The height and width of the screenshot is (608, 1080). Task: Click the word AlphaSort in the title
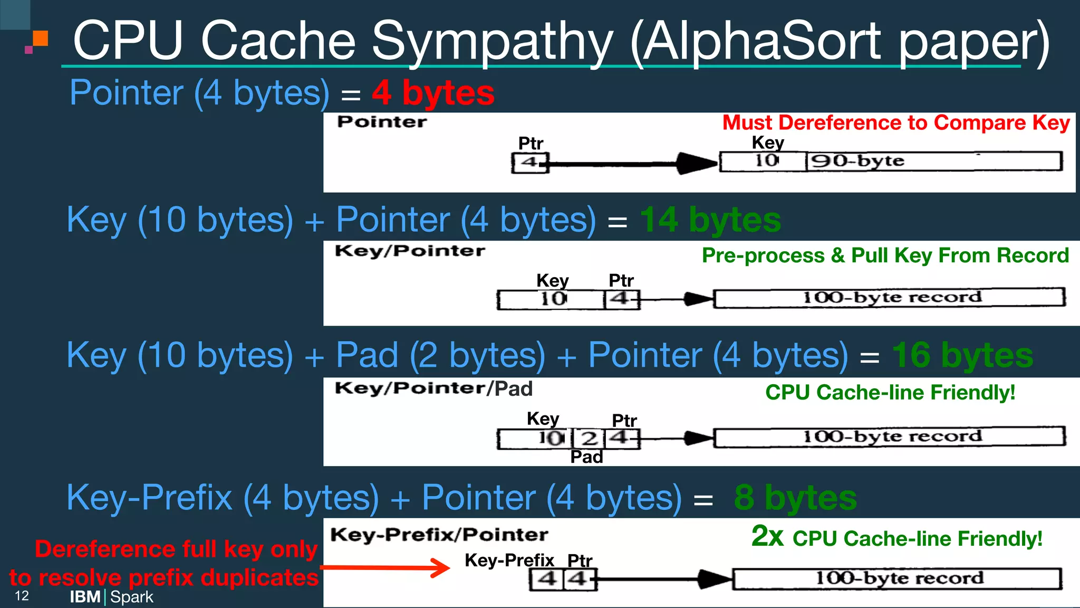click(x=761, y=41)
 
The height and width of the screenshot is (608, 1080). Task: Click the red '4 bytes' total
click(x=433, y=93)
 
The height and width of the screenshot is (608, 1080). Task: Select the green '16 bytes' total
click(x=962, y=355)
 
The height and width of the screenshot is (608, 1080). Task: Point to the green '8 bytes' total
click(x=795, y=497)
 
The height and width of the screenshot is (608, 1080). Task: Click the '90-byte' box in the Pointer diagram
click(x=933, y=161)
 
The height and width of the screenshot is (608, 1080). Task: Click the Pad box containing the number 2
click(x=589, y=438)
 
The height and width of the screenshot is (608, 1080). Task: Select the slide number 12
click(x=22, y=596)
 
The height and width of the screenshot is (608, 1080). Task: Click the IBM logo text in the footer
click(x=85, y=597)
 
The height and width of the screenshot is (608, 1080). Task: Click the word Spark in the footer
click(x=132, y=597)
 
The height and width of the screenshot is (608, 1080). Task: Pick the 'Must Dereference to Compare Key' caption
click(x=895, y=123)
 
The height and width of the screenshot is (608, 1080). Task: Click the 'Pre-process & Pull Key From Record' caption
click(x=885, y=255)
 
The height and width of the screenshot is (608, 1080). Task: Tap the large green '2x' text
click(x=767, y=536)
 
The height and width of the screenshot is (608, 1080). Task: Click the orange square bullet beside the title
click(x=41, y=39)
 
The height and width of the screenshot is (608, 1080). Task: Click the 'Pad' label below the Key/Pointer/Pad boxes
click(x=586, y=457)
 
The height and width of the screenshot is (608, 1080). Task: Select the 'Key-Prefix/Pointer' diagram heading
click(x=439, y=535)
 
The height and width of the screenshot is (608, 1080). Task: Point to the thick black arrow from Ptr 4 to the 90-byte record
click(x=633, y=164)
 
